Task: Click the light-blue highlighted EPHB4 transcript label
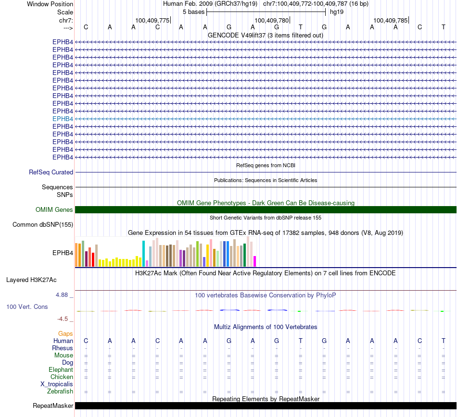tap(63, 119)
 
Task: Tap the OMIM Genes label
tap(54, 209)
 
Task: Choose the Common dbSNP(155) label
tap(43, 224)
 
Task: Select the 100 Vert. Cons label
tap(27, 307)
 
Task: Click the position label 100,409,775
tap(152, 20)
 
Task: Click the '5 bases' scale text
tap(193, 12)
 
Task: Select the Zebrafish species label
tap(60, 392)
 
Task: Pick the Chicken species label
tap(62, 377)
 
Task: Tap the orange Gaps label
tap(65, 333)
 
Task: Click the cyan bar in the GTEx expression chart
tap(144, 254)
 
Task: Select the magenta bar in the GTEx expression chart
tap(254, 261)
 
